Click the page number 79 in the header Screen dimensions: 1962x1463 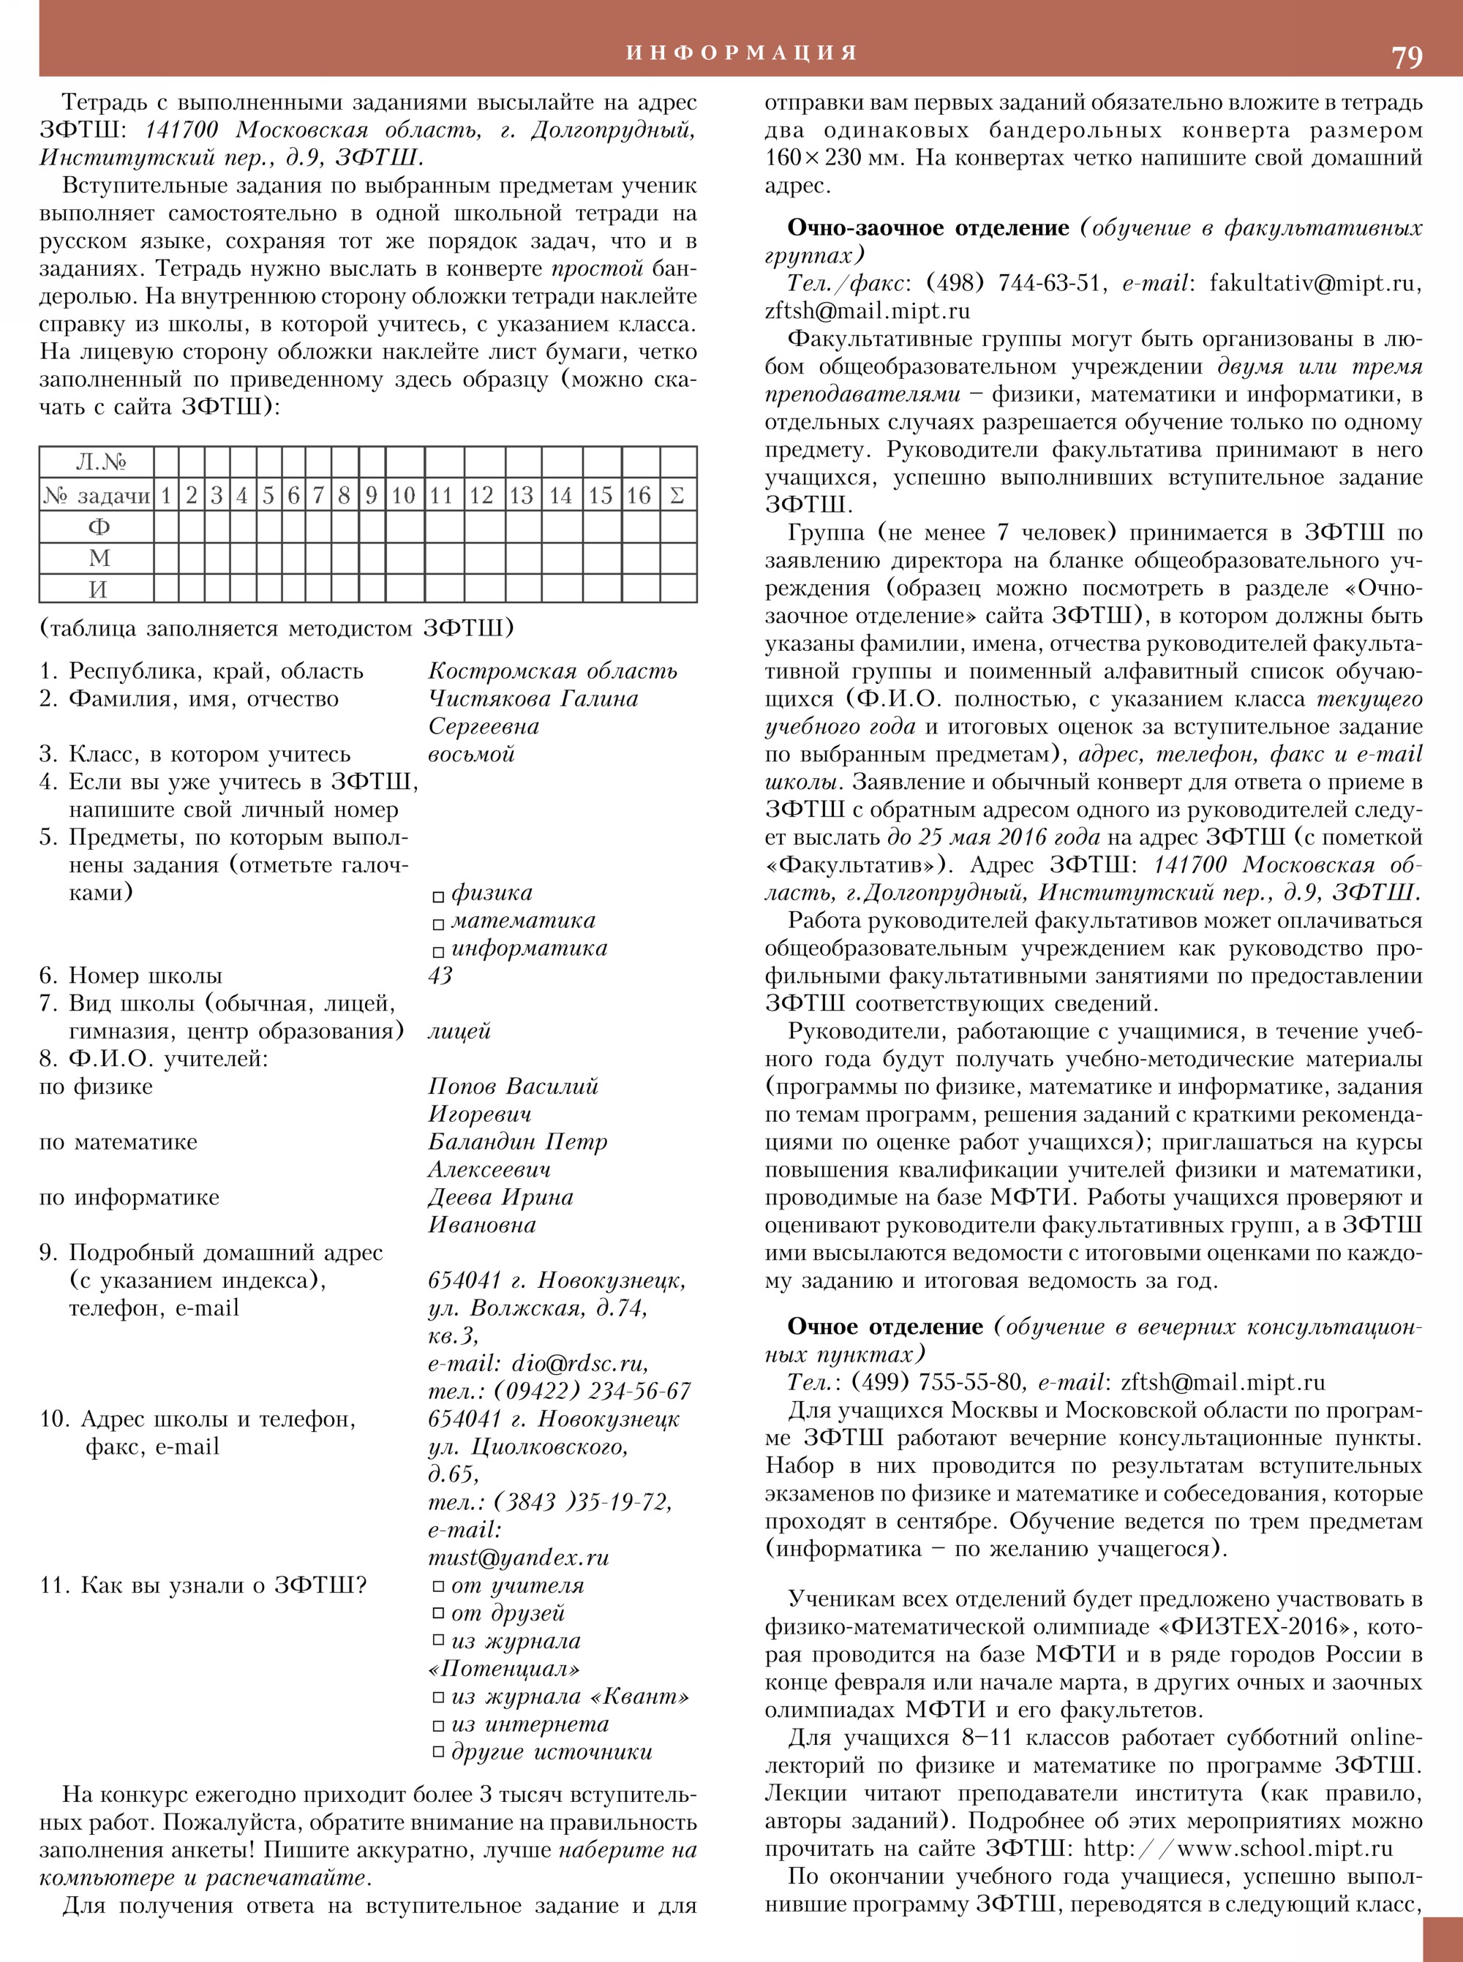tap(1407, 56)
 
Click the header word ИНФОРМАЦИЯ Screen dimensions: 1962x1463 tap(742, 52)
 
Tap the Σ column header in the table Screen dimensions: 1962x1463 tap(677, 495)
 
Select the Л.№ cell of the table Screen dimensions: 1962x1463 tap(100, 462)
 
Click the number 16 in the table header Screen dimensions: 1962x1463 tap(639, 495)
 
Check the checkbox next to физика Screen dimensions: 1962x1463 tap(437, 897)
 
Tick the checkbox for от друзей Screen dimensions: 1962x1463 tap(437, 1613)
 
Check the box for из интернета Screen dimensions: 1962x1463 tap(437, 1726)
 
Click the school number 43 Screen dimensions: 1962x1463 tap(440, 976)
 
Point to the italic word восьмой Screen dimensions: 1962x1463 tap(471, 755)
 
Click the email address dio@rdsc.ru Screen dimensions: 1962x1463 tap(579, 1364)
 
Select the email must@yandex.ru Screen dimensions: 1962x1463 tap(518, 1558)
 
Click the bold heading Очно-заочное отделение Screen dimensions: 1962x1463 tap(928, 228)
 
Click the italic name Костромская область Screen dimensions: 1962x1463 tap(552, 671)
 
